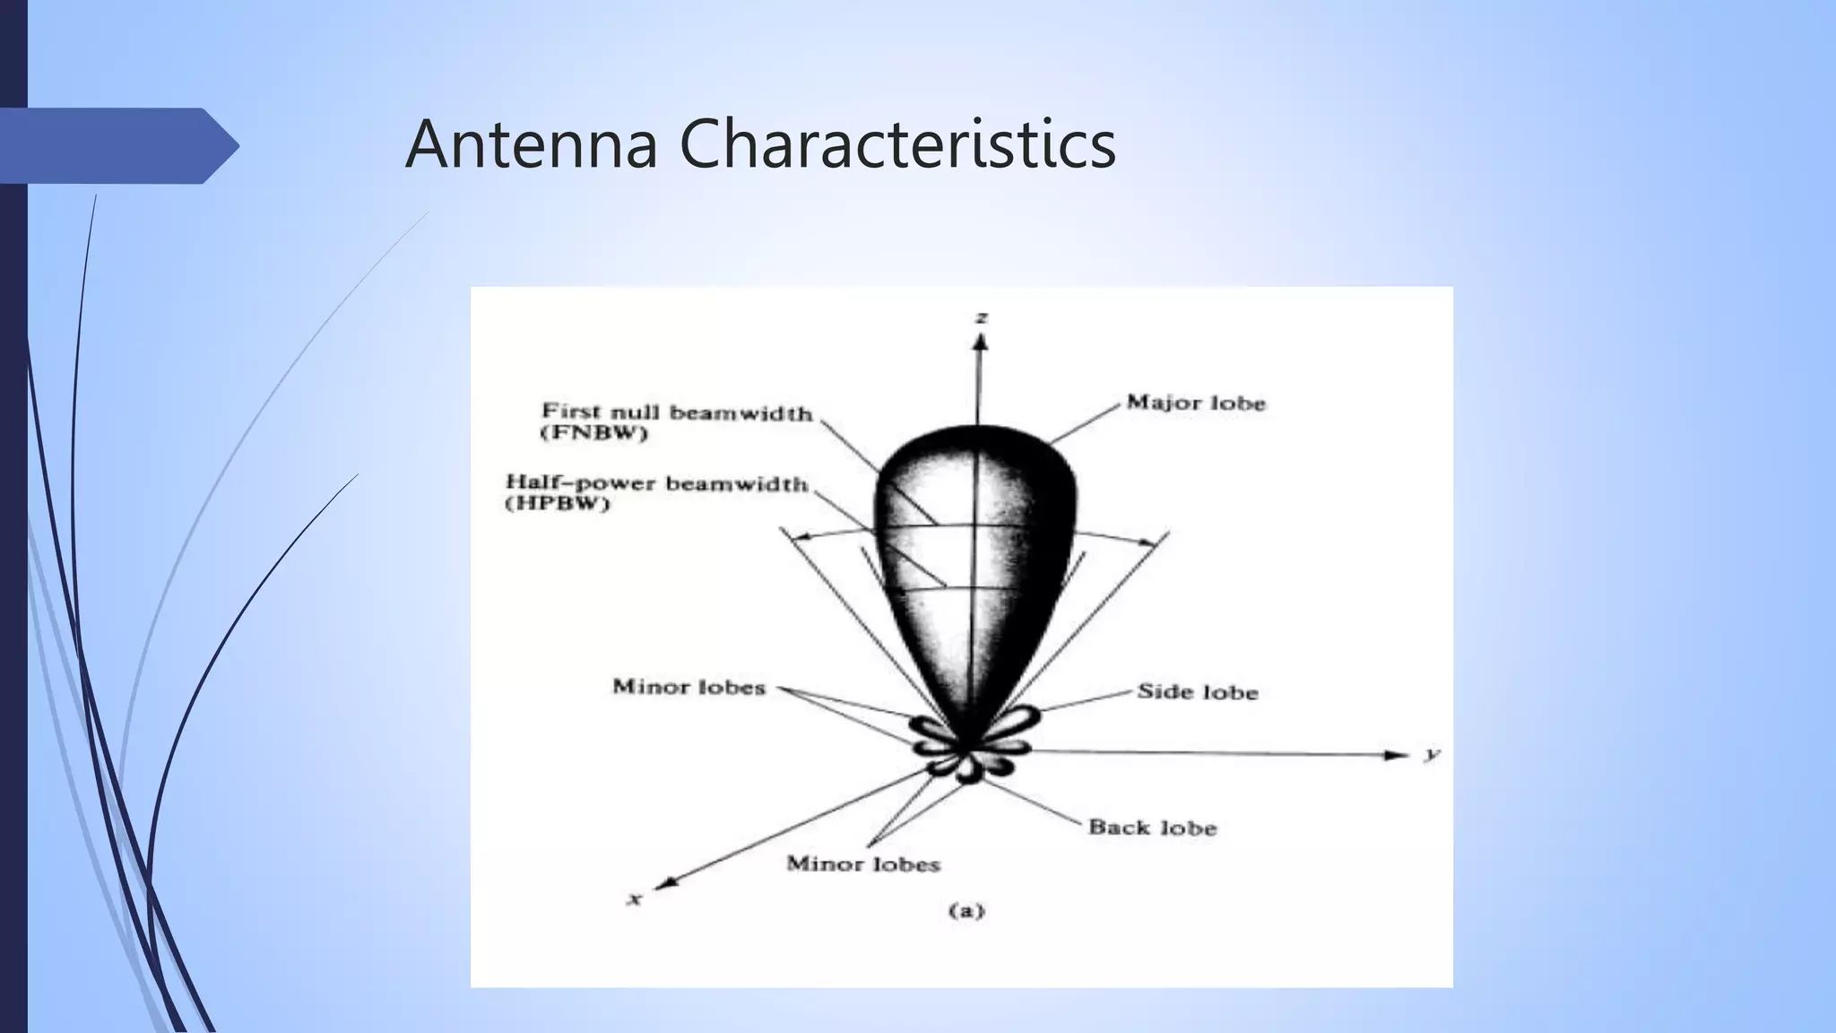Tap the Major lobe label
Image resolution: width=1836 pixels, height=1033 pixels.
pyautogui.click(x=1196, y=403)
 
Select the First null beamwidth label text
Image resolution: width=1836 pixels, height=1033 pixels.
pyautogui.click(x=677, y=412)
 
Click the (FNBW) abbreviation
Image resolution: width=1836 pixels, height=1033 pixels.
pyautogui.click(x=594, y=434)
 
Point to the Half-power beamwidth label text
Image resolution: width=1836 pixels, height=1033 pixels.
pyautogui.click(x=657, y=483)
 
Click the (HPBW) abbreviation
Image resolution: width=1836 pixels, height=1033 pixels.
pyautogui.click(x=558, y=504)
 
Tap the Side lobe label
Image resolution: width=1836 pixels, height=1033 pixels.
pyautogui.click(x=1198, y=691)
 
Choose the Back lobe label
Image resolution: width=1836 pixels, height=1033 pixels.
pyautogui.click(x=1152, y=827)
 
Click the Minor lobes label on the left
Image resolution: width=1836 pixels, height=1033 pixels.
pyautogui.click(x=688, y=687)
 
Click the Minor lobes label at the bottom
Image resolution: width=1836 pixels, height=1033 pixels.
pyautogui.click(x=863, y=864)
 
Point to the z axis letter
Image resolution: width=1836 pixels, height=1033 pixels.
pyautogui.click(x=983, y=317)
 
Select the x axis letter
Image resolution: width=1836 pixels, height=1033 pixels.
pyautogui.click(x=635, y=898)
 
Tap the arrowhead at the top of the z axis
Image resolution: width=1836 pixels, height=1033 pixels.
pyautogui.click(x=981, y=342)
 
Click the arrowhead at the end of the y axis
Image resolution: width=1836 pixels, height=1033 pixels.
pyautogui.click(x=1397, y=755)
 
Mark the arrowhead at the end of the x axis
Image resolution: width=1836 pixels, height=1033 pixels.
pyautogui.click(x=664, y=883)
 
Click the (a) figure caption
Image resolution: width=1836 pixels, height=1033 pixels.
pyautogui.click(x=966, y=911)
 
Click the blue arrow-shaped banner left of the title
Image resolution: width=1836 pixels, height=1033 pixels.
pyautogui.click(x=117, y=145)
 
